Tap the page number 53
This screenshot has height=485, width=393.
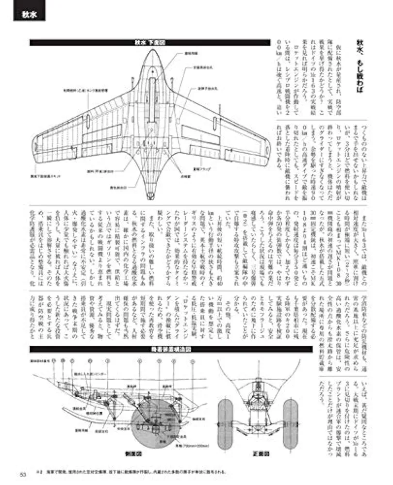coord(22,474)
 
